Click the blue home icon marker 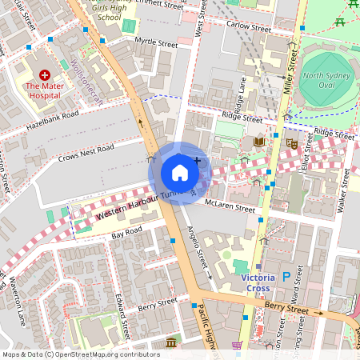[x=180, y=172]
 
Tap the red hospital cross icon [x=44, y=74]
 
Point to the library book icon [x=258, y=142]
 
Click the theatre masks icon [x=293, y=142]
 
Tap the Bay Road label [x=126, y=233]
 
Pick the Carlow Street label [x=249, y=26]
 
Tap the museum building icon [x=170, y=343]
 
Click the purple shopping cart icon [x=237, y=346]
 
